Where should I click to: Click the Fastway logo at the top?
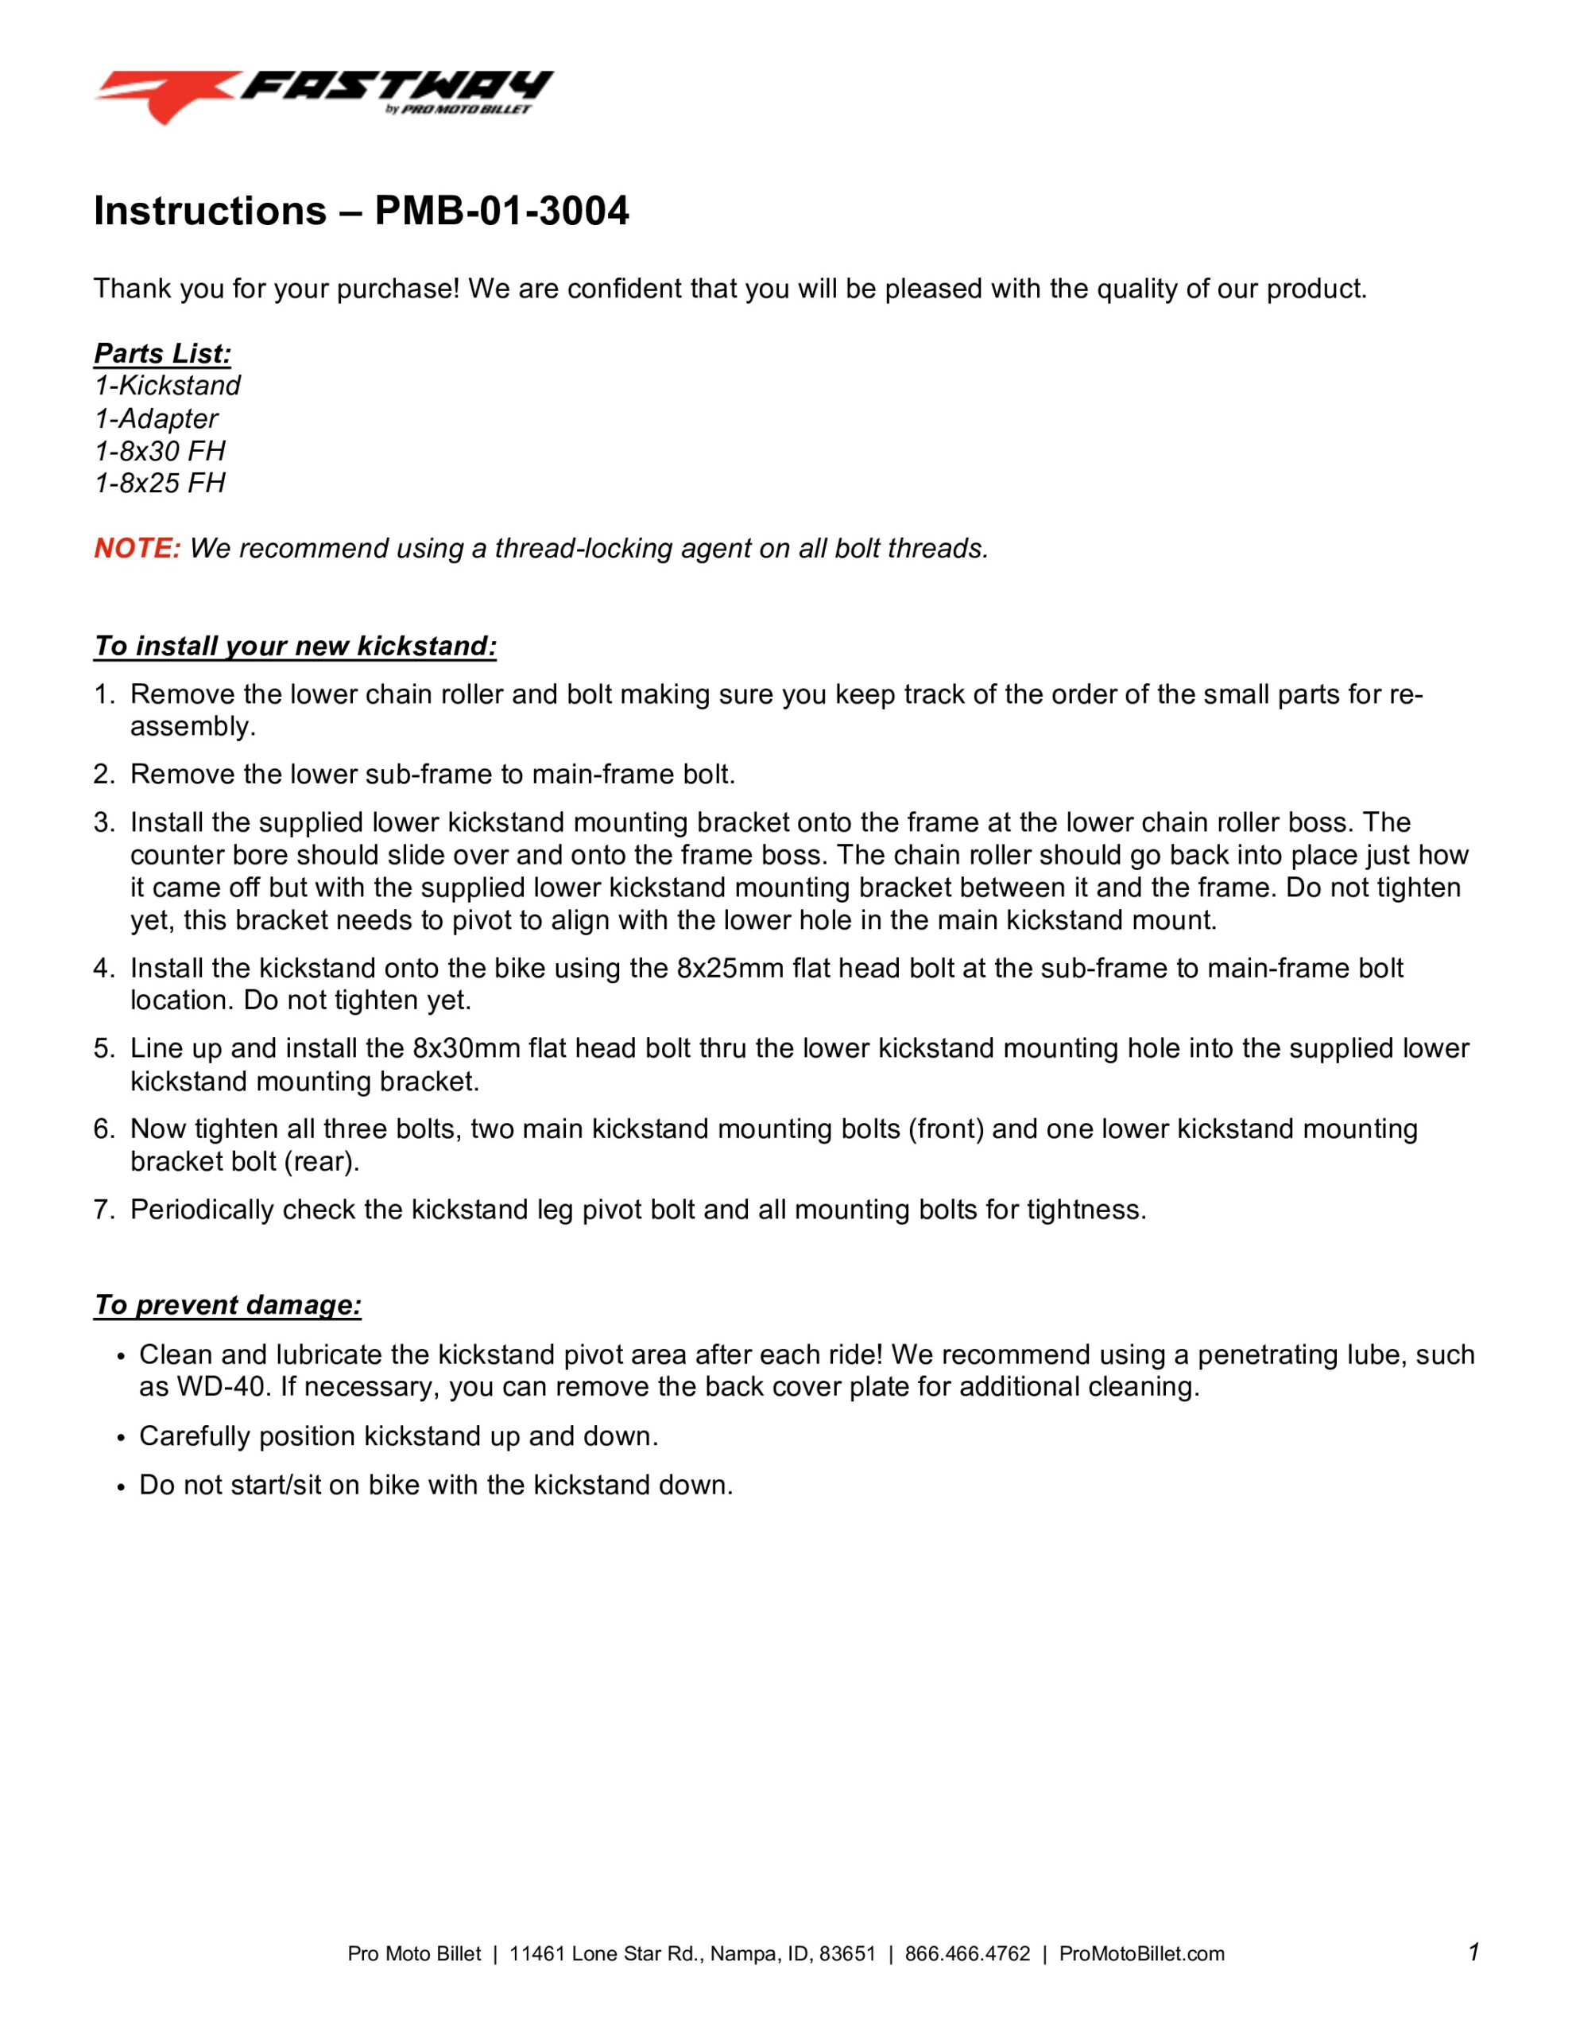point(323,96)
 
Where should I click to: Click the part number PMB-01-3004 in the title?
point(501,212)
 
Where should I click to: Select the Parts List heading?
point(162,354)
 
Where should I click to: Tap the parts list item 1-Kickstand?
point(167,386)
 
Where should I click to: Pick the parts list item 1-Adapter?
point(156,418)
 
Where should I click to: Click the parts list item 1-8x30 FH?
point(159,451)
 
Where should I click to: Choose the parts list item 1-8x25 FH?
point(159,483)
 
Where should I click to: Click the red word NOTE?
point(137,548)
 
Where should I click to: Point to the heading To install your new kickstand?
point(295,646)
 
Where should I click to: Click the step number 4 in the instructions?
point(103,969)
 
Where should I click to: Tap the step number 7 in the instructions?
point(103,1210)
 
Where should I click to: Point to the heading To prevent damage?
point(227,1305)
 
